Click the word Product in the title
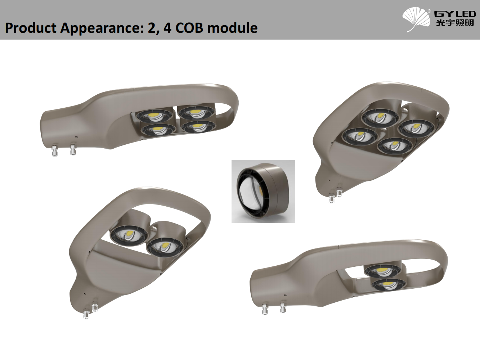click(31, 28)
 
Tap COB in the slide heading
click(189, 28)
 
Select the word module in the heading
click(233, 28)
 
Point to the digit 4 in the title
click(167, 28)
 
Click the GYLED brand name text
click(455, 14)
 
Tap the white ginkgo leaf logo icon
click(416, 19)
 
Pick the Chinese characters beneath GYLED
click(455, 23)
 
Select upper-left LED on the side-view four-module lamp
click(154, 116)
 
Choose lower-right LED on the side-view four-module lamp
click(198, 127)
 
